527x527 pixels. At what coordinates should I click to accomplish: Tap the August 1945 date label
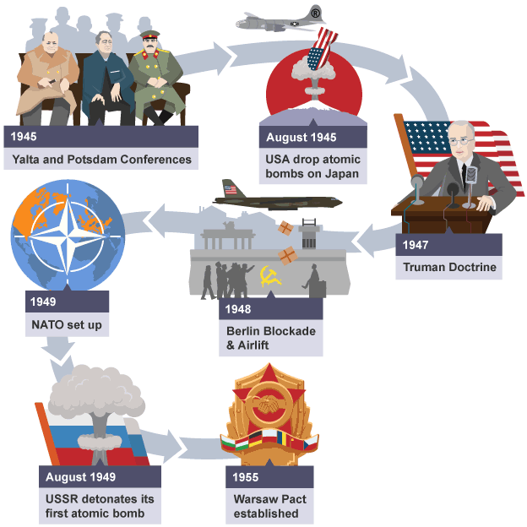301,138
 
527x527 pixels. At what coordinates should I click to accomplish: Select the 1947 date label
416,246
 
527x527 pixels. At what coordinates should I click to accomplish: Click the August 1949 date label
81,477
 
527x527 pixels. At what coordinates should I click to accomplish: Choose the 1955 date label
247,477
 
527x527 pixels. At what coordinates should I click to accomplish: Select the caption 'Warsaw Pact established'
270,506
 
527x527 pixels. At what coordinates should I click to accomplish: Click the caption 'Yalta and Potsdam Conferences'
101,159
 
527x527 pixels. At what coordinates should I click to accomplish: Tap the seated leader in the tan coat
47,80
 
